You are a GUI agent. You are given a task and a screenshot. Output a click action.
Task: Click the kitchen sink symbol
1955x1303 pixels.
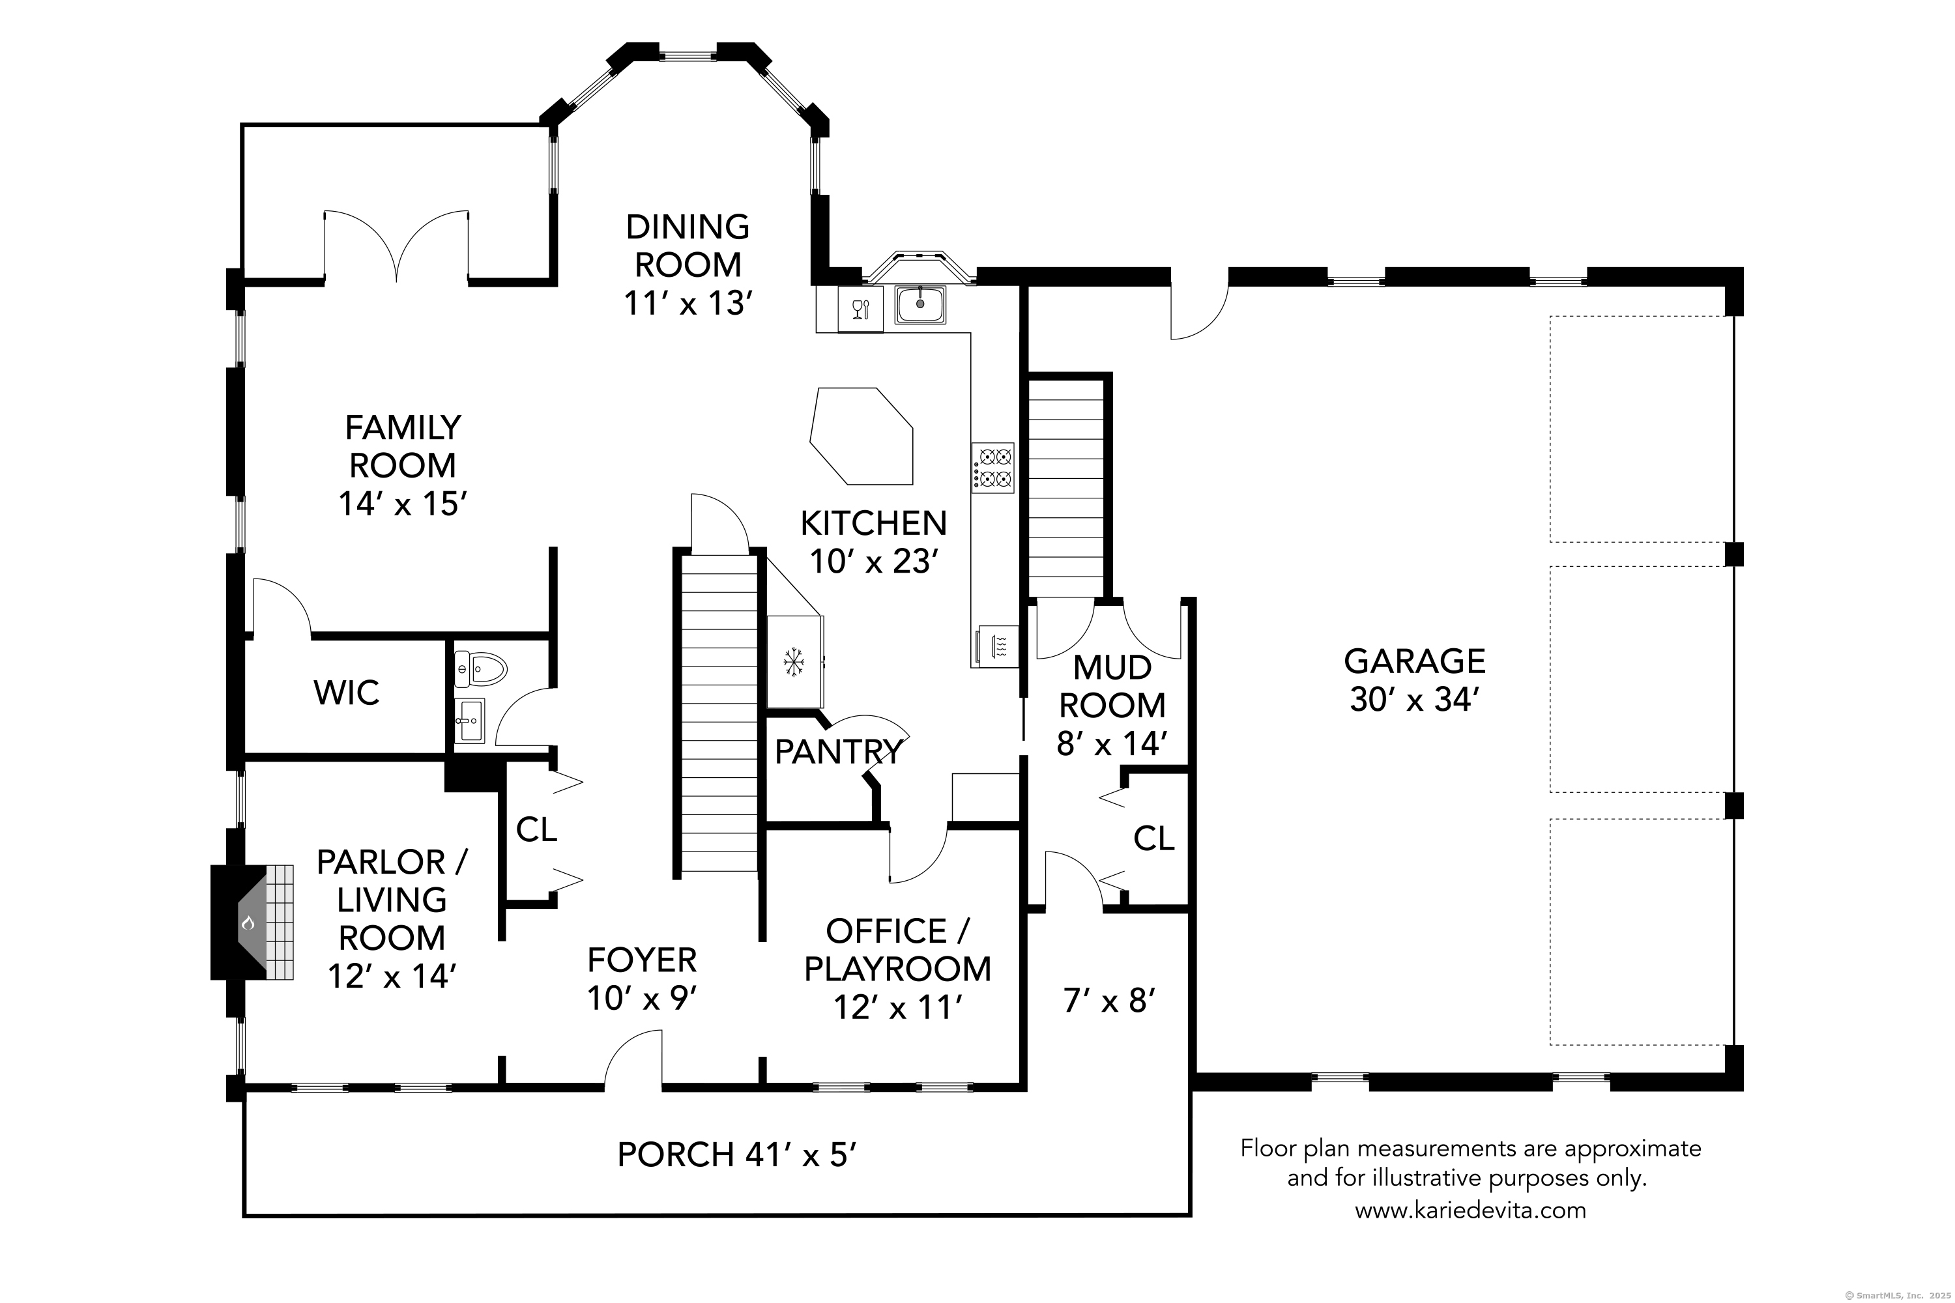pos(920,304)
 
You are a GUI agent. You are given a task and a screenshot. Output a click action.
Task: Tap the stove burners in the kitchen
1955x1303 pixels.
pos(992,468)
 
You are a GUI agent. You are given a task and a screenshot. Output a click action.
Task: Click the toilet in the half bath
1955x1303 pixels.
pos(480,668)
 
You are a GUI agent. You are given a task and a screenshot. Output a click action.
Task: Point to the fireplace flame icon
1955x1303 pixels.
pos(248,923)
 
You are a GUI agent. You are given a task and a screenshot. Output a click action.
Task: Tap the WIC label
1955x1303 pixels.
pos(347,692)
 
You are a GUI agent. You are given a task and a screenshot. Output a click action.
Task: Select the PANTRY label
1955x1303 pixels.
pos(839,751)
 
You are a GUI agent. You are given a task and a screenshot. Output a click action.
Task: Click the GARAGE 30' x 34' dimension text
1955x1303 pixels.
pos(1414,700)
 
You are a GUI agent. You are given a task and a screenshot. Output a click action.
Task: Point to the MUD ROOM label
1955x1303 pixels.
pos(1112,687)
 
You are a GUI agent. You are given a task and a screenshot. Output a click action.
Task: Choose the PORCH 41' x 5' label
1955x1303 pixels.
pos(736,1154)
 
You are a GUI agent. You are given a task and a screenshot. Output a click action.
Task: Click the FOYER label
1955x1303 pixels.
pos(642,960)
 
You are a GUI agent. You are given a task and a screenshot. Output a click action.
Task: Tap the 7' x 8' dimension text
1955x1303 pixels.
pos(1110,1001)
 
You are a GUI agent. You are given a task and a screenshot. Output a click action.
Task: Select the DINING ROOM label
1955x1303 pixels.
pos(688,245)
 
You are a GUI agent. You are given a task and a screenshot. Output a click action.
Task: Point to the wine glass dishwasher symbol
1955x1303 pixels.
pos(860,309)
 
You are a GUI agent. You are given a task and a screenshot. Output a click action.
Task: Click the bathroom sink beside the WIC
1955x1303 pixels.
pos(471,721)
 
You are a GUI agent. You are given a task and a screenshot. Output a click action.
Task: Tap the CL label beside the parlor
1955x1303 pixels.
pos(536,829)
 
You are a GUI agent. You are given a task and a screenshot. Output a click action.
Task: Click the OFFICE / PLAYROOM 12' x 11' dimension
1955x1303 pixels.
pos(898,1007)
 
